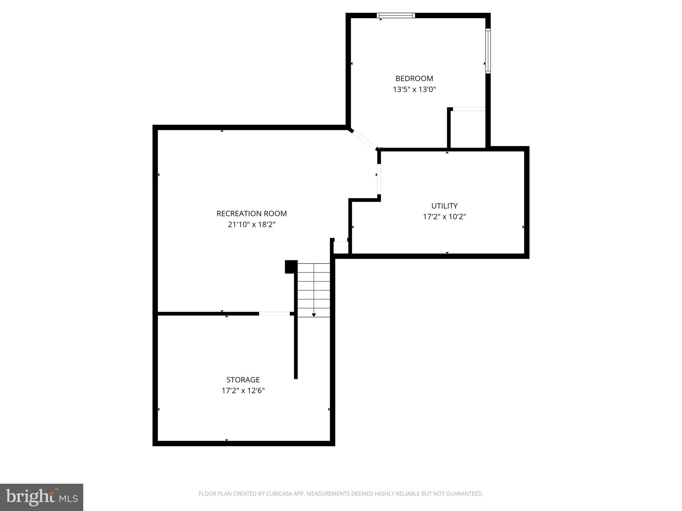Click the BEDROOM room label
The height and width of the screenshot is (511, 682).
[x=414, y=79]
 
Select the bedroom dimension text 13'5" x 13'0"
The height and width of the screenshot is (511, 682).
[x=414, y=89]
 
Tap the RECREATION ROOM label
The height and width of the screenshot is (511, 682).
[x=251, y=214]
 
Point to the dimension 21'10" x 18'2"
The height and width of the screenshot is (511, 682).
[x=251, y=225]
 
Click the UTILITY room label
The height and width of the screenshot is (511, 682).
[x=444, y=206]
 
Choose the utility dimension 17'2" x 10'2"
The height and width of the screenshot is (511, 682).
[x=444, y=217]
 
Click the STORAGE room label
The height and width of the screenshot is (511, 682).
[x=243, y=380]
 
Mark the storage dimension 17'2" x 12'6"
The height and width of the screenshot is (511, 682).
[x=243, y=391]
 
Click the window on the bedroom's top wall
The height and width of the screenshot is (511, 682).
[x=396, y=15]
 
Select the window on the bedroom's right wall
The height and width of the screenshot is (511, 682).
[x=488, y=51]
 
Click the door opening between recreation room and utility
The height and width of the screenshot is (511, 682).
[x=379, y=179]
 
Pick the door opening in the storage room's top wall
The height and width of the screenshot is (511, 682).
[x=274, y=313]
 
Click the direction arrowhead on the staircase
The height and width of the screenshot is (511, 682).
[x=314, y=315]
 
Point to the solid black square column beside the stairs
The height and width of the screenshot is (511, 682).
[x=291, y=266]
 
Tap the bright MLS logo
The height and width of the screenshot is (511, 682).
[x=41, y=497]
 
